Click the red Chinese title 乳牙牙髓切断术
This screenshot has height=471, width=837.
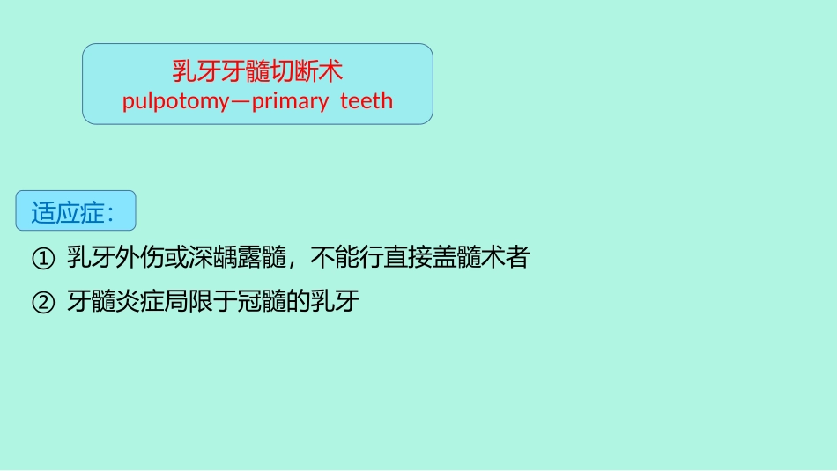pyautogui.click(x=257, y=70)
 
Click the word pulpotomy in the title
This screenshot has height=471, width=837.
pyautogui.click(x=175, y=101)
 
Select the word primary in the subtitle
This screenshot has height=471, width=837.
pyautogui.click(x=290, y=101)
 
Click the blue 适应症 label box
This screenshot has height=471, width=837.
pyautogui.click(x=76, y=211)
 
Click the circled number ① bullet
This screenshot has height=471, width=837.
pyautogui.click(x=42, y=259)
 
